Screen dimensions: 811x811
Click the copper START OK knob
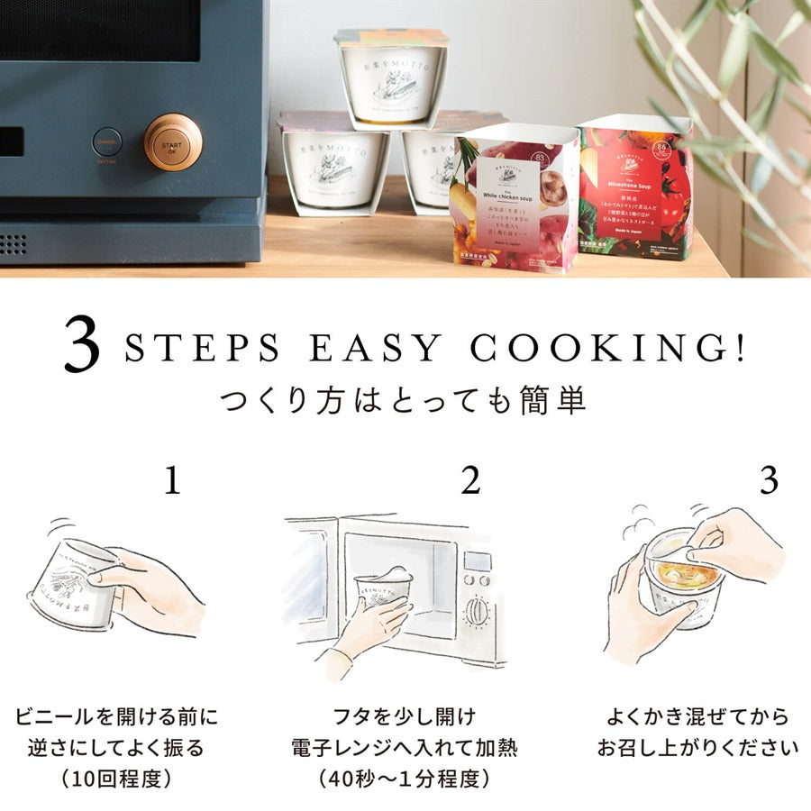(x=173, y=141)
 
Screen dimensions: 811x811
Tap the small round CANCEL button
(x=107, y=141)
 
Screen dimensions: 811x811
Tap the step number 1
(x=172, y=482)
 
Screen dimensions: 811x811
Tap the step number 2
(x=470, y=482)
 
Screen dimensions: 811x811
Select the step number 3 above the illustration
(x=768, y=482)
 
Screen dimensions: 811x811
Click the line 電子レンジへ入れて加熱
(x=405, y=748)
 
